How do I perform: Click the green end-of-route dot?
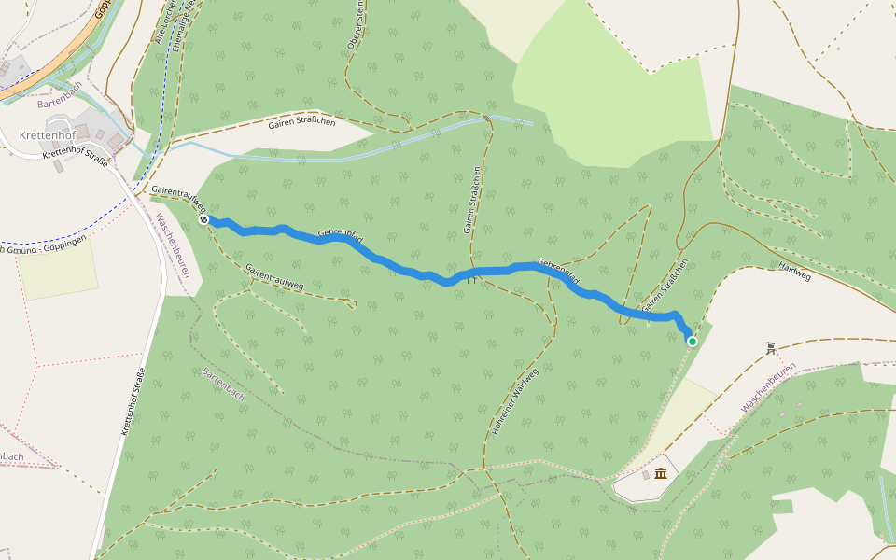(x=693, y=342)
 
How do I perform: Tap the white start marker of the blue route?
(x=203, y=219)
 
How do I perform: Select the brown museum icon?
(x=661, y=474)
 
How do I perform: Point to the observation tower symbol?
(x=771, y=347)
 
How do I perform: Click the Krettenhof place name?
(x=48, y=135)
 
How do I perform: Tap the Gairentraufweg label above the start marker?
(x=177, y=194)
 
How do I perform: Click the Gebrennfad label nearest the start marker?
(x=340, y=232)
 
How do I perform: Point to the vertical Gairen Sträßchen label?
(x=472, y=201)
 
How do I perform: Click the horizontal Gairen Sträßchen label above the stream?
(x=301, y=122)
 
